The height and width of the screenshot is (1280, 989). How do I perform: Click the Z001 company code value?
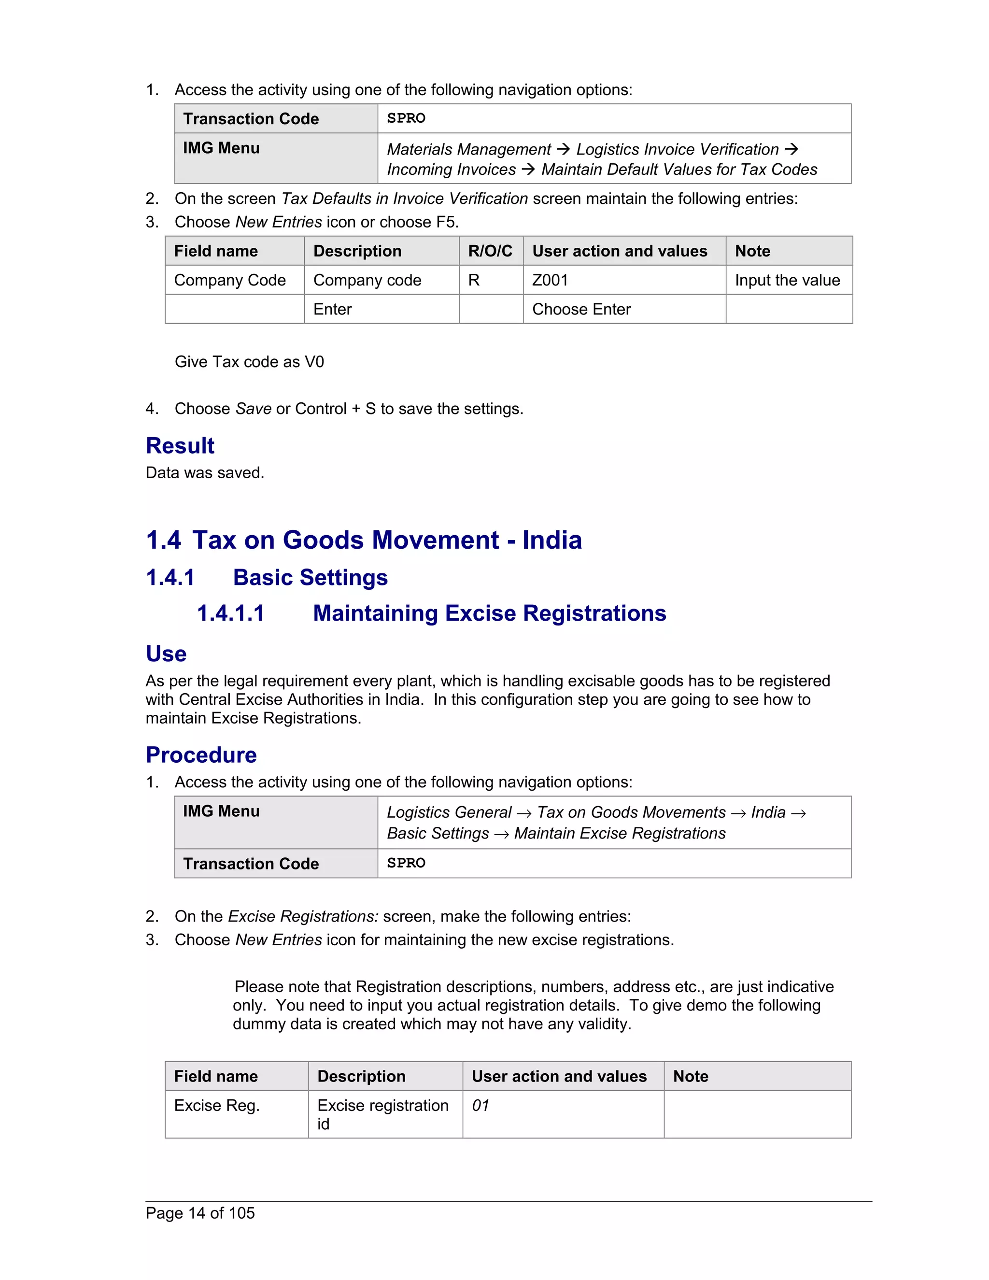click(x=550, y=280)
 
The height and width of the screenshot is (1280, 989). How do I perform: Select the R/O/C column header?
click(x=490, y=251)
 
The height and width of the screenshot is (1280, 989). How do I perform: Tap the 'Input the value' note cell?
click(x=787, y=280)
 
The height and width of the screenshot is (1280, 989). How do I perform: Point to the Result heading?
click(x=180, y=445)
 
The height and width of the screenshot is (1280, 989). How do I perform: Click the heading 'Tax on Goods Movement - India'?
click(x=387, y=540)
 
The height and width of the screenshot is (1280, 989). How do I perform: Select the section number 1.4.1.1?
click(x=230, y=613)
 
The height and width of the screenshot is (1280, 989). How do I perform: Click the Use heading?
click(x=166, y=654)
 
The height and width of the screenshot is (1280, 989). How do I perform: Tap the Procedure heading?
click(x=201, y=755)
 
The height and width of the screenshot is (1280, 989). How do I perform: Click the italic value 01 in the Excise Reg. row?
click(x=480, y=1105)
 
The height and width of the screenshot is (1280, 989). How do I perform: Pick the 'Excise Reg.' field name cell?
click(x=217, y=1105)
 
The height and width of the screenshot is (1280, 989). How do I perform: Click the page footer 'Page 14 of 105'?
click(x=200, y=1212)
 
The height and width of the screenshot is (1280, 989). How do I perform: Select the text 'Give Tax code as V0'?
click(x=249, y=362)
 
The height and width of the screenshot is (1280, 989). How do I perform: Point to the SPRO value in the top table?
click(x=406, y=118)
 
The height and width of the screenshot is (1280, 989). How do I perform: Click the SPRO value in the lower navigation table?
click(x=406, y=863)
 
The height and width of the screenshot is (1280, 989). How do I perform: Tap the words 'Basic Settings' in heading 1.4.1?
click(x=310, y=577)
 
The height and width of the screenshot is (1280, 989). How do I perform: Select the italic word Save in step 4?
click(x=253, y=409)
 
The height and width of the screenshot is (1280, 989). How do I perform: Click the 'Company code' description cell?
click(x=367, y=280)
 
